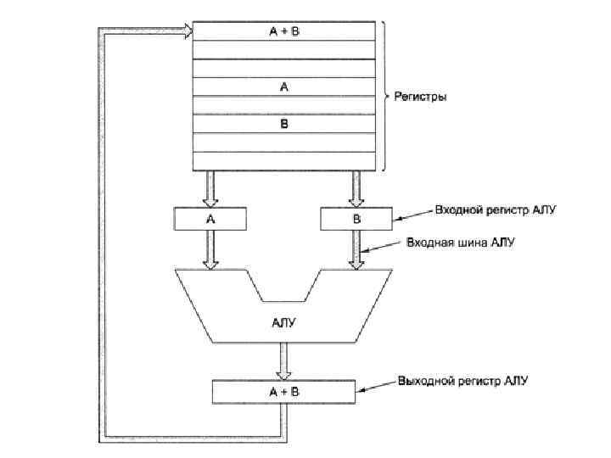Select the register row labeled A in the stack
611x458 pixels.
pos(284,87)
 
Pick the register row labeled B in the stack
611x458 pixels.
pos(284,124)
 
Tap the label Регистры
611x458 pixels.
pos(420,97)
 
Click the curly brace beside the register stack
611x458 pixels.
pos(384,95)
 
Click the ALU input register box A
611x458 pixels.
pos(210,219)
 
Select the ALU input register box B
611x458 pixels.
pos(356,219)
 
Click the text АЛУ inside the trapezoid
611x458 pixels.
pos(284,322)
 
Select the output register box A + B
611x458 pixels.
pos(284,392)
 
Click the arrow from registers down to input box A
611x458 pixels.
pos(210,187)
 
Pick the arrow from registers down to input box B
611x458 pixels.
pos(356,187)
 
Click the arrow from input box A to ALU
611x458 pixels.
pos(210,250)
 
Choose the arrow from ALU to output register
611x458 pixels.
pos(284,362)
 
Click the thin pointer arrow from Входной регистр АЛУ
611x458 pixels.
pos(412,215)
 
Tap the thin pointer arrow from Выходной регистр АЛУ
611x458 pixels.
pos(377,388)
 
